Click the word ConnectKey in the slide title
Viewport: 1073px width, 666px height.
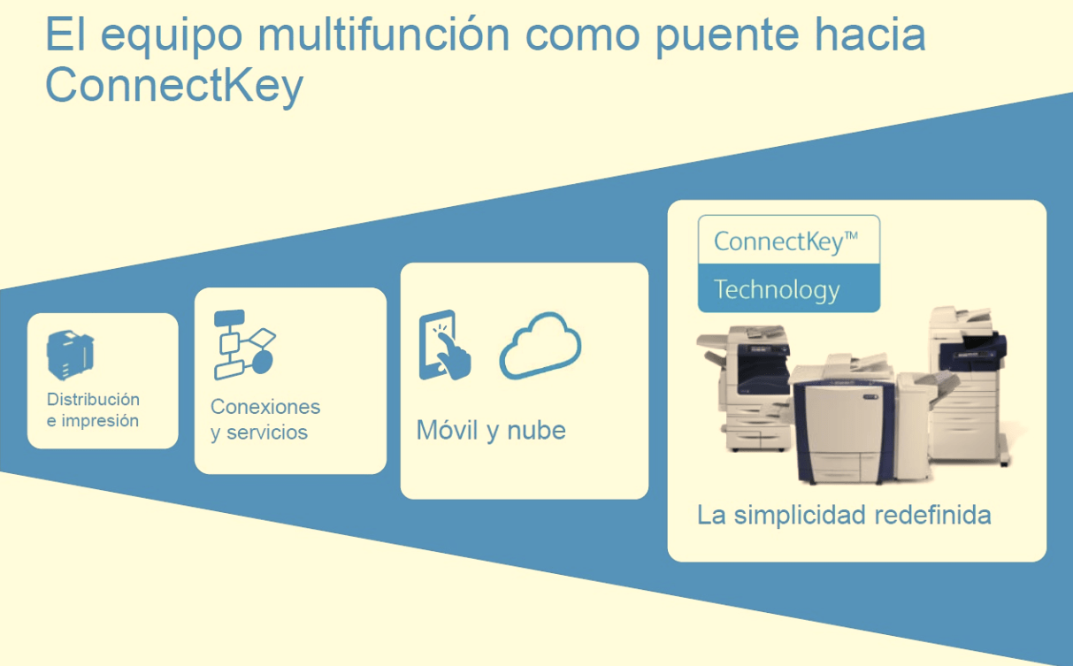173,86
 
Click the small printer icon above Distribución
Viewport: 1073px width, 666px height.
71,355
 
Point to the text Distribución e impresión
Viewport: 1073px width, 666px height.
93,410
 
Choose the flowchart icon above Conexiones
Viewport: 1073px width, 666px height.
244,344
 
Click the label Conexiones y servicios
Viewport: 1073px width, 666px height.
264,419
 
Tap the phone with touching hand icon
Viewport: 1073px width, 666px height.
444,345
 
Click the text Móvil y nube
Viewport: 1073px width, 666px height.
491,431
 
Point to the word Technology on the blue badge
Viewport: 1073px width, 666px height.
777,289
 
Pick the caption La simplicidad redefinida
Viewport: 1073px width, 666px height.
843,515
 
